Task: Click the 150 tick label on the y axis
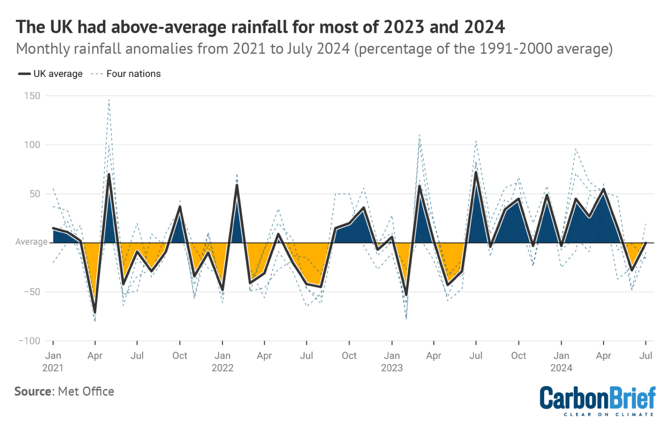32,96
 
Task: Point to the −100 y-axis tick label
29,341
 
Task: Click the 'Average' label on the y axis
31,242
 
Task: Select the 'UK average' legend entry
50,74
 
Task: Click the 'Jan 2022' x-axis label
222,362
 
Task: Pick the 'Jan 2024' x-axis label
561,362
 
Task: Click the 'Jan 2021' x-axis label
53,362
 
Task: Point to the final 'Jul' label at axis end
645,355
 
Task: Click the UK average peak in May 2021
109,174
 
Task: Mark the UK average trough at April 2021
95,312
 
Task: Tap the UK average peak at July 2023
476,172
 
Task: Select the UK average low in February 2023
406,295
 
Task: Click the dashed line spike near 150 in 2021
109,100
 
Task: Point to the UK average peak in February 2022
237,185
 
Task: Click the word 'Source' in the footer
33,391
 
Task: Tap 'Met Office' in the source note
86,391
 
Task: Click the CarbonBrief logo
597,401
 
